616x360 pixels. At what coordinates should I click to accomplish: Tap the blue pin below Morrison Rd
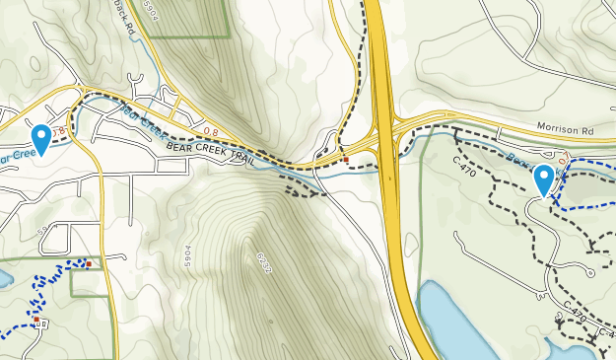coord(543,180)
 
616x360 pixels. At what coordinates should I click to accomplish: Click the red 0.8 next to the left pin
coord(59,130)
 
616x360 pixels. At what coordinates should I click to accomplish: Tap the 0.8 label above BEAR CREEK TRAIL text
coord(209,128)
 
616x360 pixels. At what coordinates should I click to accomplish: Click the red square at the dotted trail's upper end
coord(89,263)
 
